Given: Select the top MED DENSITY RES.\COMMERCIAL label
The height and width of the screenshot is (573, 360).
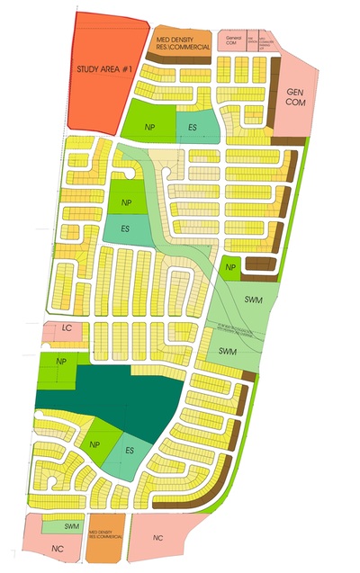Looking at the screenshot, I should coord(184,40).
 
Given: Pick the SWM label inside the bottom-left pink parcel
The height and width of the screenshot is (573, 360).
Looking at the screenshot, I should coord(73,525).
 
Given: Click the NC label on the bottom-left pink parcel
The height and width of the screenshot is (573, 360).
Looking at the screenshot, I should coord(58,548).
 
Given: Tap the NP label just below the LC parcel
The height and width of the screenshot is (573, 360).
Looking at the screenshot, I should coord(61,361).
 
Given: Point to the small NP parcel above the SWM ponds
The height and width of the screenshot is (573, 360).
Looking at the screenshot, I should coord(230,267).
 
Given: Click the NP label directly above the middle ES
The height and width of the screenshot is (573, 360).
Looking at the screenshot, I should coord(125,202).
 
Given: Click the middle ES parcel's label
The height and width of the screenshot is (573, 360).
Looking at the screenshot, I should coord(126,228).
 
